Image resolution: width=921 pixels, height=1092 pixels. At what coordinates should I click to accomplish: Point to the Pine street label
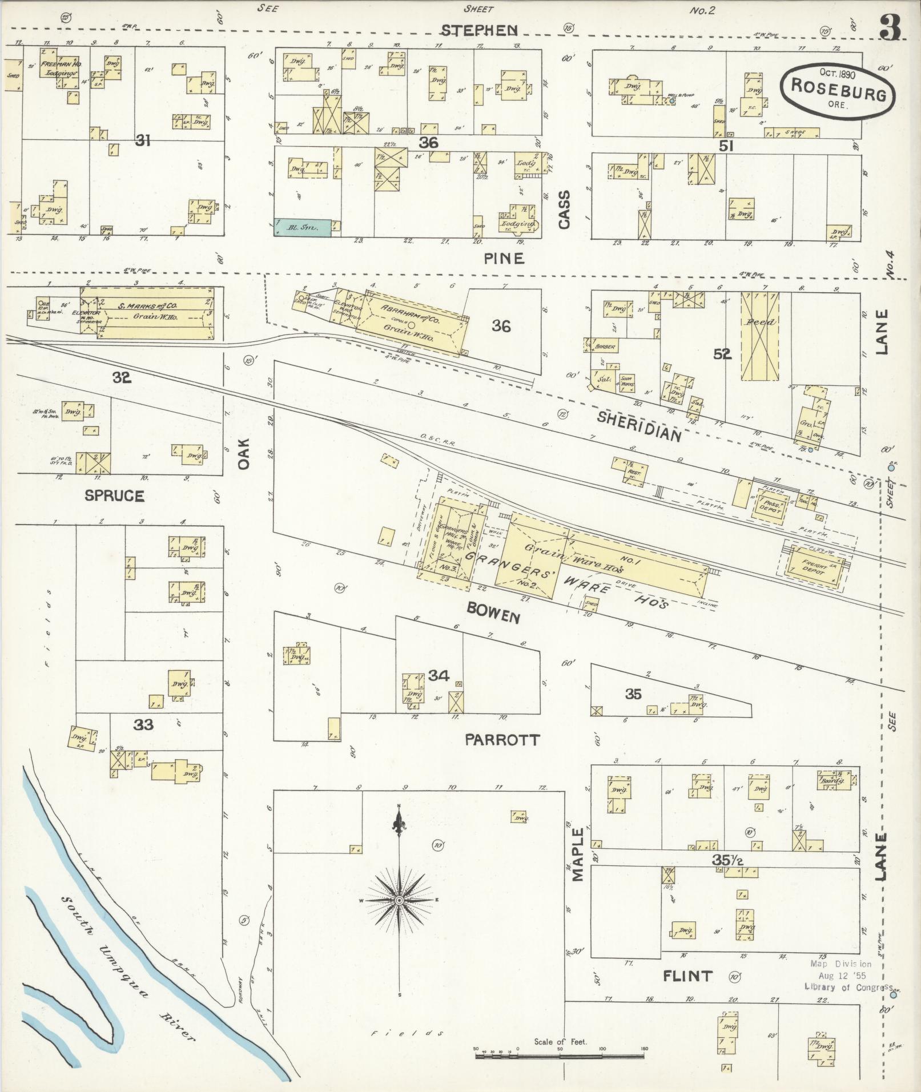pyautogui.click(x=504, y=259)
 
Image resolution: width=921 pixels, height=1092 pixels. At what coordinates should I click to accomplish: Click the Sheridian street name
pyautogui.click(x=640, y=426)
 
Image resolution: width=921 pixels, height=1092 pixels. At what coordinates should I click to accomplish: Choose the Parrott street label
pyautogui.click(x=502, y=740)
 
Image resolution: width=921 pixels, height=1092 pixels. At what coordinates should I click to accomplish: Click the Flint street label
pyautogui.click(x=687, y=976)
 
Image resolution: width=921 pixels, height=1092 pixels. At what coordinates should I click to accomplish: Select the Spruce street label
pyautogui.click(x=114, y=495)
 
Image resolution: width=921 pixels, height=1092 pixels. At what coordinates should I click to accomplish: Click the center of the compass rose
pyautogui.click(x=400, y=900)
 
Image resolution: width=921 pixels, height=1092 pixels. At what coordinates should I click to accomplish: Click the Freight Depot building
pyautogui.click(x=814, y=566)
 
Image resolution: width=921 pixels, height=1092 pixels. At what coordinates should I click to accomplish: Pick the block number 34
pyautogui.click(x=439, y=676)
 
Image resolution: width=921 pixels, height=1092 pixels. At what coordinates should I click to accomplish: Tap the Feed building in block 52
pyautogui.click(x=759, y=336)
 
